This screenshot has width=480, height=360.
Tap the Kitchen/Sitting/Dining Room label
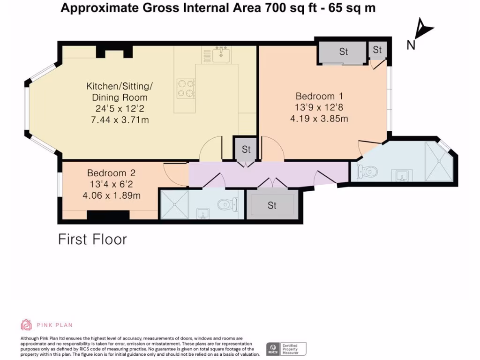(120, 92)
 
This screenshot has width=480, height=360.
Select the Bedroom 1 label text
(319, 96)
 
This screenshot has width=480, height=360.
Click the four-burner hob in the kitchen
(186, 88)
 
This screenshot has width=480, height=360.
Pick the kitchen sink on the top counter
(221, 55)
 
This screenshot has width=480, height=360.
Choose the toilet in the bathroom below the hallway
(228, 204)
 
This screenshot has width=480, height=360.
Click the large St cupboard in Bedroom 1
(343, 52)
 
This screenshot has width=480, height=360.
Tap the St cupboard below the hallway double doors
(272, 205)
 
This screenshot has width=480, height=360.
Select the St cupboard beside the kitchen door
(246, 150)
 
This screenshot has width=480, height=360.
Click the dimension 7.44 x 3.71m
(120, 120)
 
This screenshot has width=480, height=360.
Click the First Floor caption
(92, 240)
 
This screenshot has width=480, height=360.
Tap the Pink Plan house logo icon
(26, 324)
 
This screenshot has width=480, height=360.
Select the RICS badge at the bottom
(286, 349)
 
